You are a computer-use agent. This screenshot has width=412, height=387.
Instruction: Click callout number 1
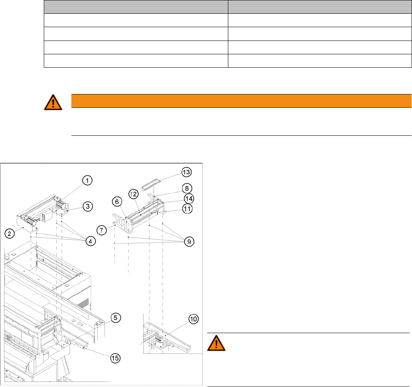click(x=87, y=180)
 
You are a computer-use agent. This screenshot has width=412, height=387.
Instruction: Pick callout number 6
click(x=116, y=201)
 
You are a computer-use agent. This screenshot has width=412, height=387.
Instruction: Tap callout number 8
click(x=187, y=188)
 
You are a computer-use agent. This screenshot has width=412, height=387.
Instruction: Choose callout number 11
click(x=187, y=209)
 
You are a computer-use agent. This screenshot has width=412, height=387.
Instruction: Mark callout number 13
click(x=186, y=172)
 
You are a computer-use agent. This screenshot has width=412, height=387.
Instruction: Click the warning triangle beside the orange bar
click(x=53, y=103)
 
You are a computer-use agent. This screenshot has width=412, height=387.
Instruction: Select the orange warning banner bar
click(x=241, y=101)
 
